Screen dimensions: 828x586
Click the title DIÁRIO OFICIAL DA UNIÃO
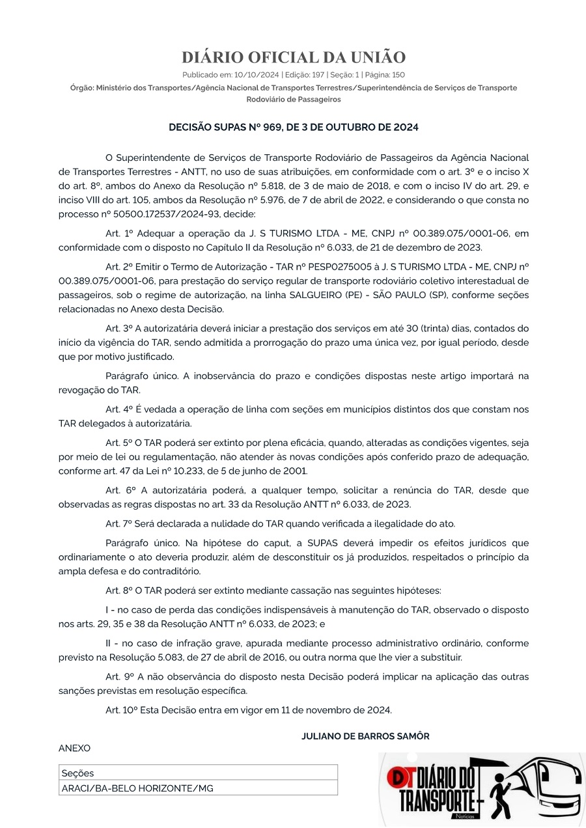tap(293, 57)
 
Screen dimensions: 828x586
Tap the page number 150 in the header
tap(397, 75)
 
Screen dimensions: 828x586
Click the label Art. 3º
tap(119, 329)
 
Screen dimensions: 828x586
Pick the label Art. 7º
tap(119, 523)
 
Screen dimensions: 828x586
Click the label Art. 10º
tap(122, 710)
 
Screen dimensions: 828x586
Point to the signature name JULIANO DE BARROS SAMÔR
tap(365, 736)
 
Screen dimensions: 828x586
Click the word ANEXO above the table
tap(75, 749)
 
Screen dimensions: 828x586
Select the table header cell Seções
tap(77, 773)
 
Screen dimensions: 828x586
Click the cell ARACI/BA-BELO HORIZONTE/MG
tap(137, 788)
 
